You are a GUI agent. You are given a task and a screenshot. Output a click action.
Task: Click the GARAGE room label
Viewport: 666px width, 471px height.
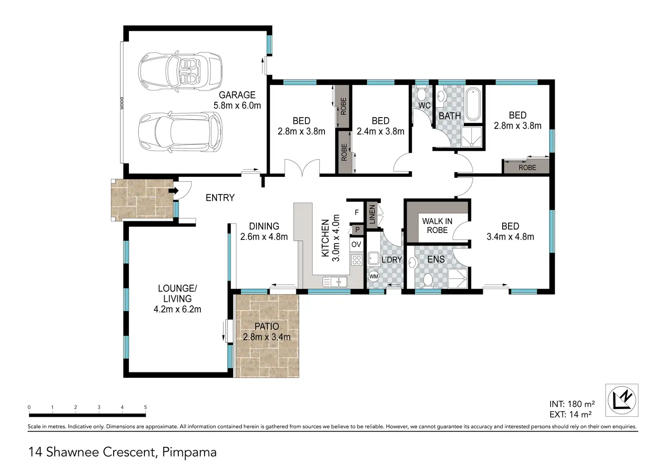pos(237,95)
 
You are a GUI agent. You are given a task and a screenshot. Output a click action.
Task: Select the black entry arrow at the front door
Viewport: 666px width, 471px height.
pos(174,190)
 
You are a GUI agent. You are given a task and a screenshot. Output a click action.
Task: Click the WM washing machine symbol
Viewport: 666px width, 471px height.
pos(373,276)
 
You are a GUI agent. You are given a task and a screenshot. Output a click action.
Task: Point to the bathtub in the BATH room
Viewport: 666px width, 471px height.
pos(472,104)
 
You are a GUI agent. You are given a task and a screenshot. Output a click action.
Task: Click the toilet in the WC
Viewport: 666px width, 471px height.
pos(421,93)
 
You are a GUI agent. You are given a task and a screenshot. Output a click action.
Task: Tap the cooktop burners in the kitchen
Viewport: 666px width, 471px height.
pos(357,260)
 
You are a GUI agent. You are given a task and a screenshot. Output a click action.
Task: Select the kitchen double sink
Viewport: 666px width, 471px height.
pos(335,281)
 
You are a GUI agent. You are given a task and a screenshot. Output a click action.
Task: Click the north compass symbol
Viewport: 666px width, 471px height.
pos(622,400)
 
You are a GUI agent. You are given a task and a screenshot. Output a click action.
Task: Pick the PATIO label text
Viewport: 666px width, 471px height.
pos(266,327)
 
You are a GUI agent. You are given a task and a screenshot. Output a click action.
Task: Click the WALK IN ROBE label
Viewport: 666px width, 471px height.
pos(437,226)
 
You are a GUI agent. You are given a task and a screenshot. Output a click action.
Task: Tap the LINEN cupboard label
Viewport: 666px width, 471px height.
pos(372,214)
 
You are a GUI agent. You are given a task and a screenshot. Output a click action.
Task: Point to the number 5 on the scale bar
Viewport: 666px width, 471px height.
pos(145,407)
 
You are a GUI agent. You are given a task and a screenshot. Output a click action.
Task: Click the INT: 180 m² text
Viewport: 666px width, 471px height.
pos(572,404)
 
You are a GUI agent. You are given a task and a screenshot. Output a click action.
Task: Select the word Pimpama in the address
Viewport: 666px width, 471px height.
pos(190,452)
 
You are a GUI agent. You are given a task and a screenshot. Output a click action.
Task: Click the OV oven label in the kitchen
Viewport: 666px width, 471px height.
pos(356,244)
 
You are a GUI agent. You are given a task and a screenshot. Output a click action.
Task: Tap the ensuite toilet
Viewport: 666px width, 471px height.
pos(428,281)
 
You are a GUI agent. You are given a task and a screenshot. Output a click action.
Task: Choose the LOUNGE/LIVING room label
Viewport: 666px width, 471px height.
pos(177,294)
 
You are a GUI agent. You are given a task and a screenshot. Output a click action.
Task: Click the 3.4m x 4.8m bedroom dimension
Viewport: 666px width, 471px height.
pos(510,237)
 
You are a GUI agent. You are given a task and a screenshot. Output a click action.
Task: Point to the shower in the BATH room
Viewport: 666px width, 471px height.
pos(471,137)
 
